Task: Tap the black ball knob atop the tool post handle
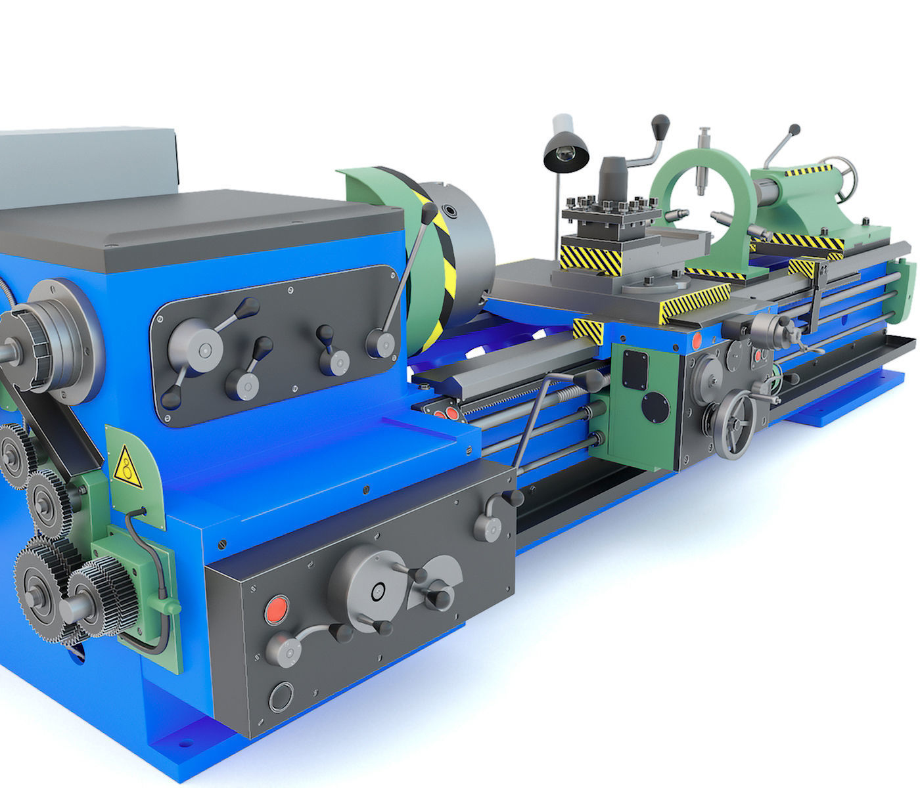click(660, 124)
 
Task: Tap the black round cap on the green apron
click(653, 405)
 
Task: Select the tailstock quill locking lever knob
click(794, 130)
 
